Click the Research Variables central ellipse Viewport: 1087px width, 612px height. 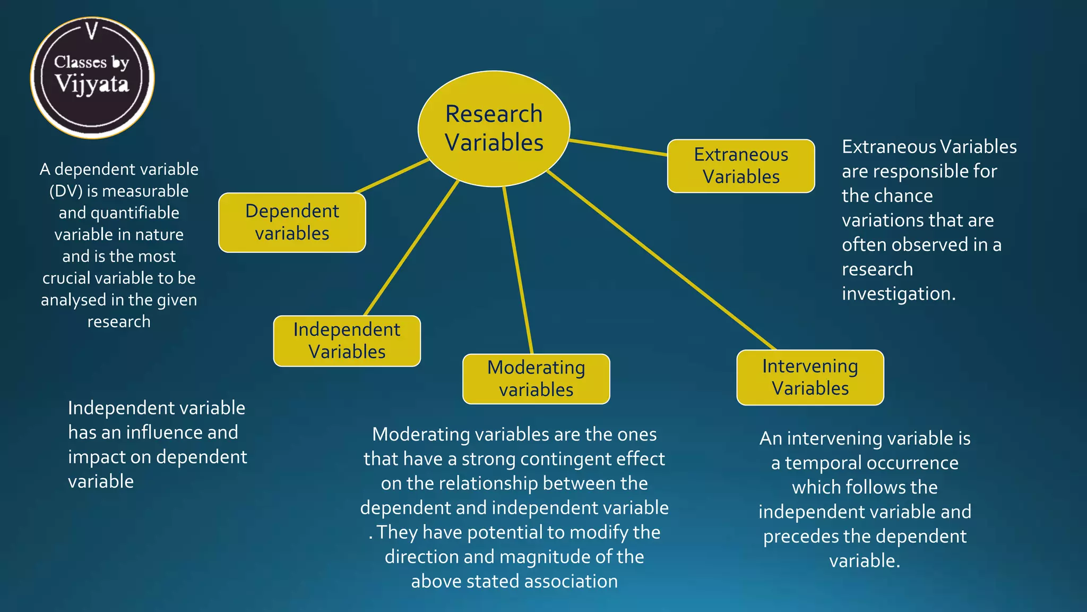(x=494, y=129)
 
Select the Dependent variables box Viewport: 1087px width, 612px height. (x=292, y=223)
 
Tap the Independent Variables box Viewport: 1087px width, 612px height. (x=347, y=341)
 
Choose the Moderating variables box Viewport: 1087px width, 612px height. (x=536, y=379)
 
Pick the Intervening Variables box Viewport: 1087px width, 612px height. (x=810, y=378)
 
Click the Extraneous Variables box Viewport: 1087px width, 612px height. (x=741, y=166)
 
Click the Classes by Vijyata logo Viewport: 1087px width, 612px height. (x=92, y=78)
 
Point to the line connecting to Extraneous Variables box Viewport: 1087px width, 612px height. (x=618, y=147)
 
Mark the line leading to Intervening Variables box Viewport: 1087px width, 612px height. (x=661, y=260)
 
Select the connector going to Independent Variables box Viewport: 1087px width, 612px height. (x=411, y=248)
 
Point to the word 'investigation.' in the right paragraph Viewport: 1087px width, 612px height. (x=899, y=294)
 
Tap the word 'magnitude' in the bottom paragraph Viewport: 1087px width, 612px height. (x=543, y=557)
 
